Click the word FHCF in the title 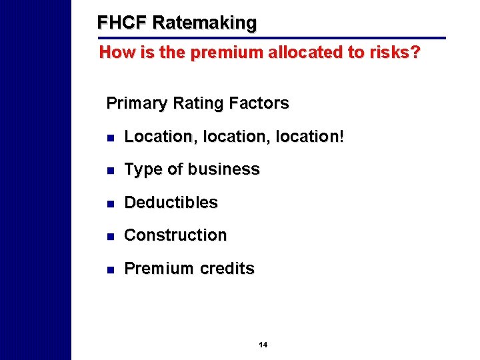point(122,23)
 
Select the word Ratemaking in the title point(204,23)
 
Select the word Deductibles point(171,203)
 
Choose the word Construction point(175,235)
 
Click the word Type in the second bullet point(140,170)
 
